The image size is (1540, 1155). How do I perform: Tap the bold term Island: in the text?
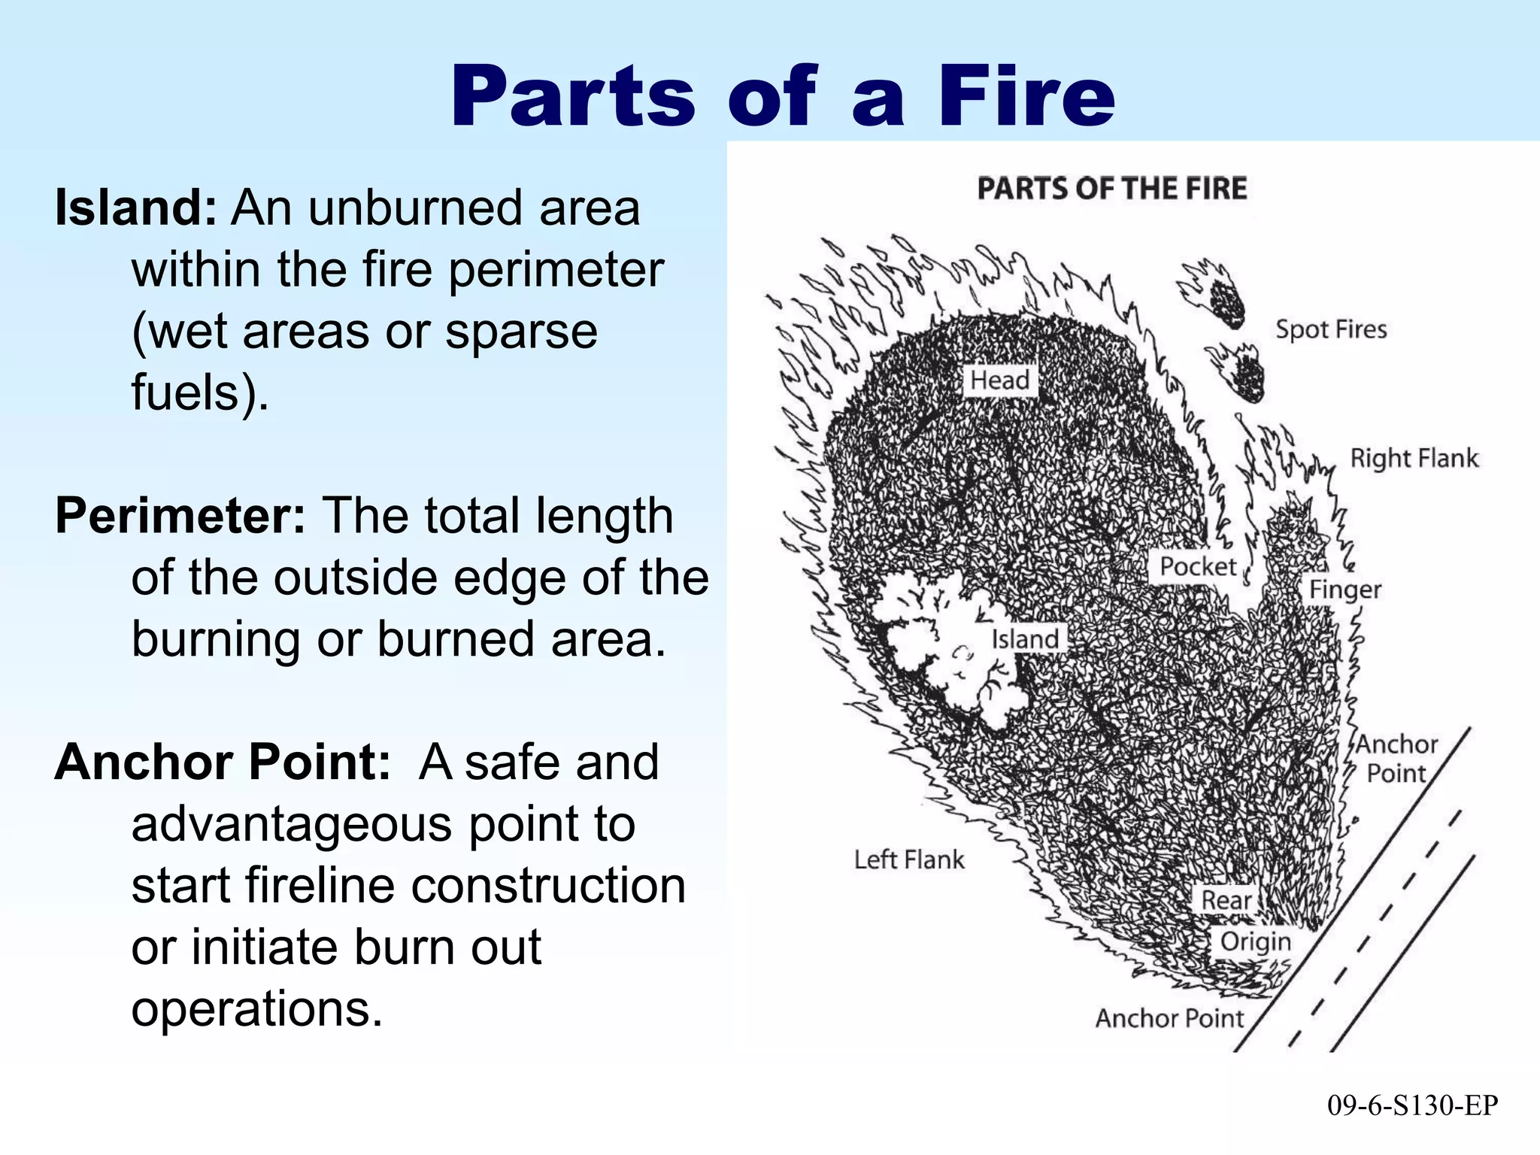[x=136, y=208]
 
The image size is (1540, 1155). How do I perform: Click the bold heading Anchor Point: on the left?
[x=223, y=762]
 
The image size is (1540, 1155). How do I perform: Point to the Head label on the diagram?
[x=999, y=380]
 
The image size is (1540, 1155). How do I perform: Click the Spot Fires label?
[x=1330, y=329]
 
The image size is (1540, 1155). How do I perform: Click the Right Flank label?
[x=1414, y=458]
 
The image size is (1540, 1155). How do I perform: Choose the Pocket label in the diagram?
[x=1197, y=566]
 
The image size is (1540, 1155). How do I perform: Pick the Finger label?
[x=1344, y=590]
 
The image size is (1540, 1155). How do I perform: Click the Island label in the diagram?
[x=1024, y=639]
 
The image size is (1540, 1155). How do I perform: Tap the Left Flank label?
[x=908, y=859]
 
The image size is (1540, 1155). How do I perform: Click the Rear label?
[x=1226, y=899]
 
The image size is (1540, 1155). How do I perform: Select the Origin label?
[x=1254, y=941]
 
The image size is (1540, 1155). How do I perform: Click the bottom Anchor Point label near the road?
[x=1169, y=1018]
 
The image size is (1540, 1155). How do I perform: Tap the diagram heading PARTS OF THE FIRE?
[x=1111, y=188]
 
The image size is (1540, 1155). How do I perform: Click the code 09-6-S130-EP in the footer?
[x=1412, y=1105]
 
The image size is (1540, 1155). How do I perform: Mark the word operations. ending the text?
[x=256, y=1008]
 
